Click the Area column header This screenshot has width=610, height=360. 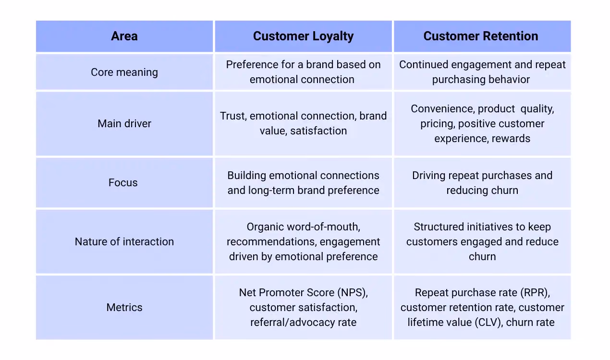point(124,36)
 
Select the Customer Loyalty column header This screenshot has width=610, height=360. point(303,36)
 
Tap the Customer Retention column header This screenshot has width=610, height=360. point(481,36)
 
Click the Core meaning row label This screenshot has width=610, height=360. point(124,72)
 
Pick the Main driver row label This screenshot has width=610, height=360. point(124,123)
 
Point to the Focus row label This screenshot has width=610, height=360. point(123,182)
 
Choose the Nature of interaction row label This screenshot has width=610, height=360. point(124,241)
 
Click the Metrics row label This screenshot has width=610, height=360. point(124,308)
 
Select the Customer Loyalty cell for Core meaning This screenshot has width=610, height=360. point(303,72)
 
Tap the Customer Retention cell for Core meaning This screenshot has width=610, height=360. point(482,72)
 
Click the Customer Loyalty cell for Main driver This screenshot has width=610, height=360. point(303,123)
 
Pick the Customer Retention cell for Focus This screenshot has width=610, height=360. point(482,183)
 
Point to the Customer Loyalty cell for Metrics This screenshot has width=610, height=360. point(303,308)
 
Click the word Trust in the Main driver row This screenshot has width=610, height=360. point(233,116)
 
